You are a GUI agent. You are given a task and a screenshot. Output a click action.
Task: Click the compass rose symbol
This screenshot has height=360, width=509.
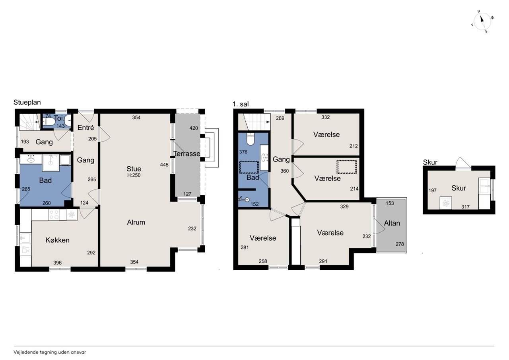(x=482, y=21)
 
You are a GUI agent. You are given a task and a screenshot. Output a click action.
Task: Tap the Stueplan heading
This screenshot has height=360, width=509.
(x=27, y=102)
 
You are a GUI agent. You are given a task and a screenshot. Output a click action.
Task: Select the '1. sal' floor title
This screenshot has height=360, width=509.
(x=241, y=104)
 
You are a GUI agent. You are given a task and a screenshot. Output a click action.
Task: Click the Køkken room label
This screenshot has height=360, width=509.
(x=57, y=240)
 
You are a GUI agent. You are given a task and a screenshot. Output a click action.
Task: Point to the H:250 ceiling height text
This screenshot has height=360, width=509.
(x=134, y=175)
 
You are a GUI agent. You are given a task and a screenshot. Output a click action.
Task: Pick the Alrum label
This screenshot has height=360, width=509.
(x=136, y=222)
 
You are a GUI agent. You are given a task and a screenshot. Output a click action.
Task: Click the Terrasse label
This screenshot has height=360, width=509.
(x=187, y=154)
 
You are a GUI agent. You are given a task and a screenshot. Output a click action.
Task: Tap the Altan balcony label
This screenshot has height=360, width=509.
(x=392, y=223)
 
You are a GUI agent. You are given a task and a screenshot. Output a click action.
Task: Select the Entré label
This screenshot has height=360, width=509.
(x=85, y=128)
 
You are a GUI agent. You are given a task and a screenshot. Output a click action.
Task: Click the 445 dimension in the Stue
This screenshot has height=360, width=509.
(x=164, y=165)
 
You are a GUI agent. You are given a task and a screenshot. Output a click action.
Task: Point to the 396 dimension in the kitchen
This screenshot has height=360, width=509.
(x=57, y=263)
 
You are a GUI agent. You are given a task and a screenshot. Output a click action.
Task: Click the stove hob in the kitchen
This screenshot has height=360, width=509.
(x=54, y=215)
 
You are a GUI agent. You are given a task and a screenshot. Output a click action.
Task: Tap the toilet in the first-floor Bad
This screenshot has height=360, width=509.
(x=251, y=139)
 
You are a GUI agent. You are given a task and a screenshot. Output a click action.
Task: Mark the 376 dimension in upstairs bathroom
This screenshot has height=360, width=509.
(x=243, y=152)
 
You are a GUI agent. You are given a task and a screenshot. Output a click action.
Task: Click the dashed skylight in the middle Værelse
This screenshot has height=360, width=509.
(x=346, y=167)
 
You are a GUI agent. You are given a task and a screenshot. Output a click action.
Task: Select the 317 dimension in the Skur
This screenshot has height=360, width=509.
(x=465, y=207)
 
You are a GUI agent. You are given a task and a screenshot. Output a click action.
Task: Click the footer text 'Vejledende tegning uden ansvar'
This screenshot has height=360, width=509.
(x=50, y=352)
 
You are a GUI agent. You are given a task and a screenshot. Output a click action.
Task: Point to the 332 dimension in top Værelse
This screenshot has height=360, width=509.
(x=325, y=117)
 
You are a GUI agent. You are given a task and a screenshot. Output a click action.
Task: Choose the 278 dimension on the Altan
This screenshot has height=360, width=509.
(x=400, y=244)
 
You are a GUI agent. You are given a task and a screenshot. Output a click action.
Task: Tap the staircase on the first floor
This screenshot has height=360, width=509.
(x=254, y=122)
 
